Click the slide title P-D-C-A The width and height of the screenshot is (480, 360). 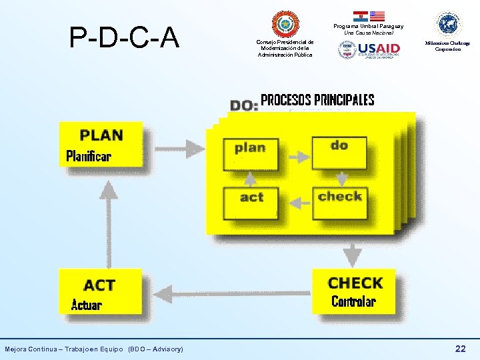point(125,37)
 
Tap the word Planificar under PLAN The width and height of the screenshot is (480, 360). point(89,157)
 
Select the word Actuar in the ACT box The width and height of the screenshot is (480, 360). point(87,305)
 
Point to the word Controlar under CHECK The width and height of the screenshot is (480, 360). point(353,301)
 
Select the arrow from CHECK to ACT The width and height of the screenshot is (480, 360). point(227,293)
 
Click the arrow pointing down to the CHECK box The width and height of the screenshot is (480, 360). point(352,253)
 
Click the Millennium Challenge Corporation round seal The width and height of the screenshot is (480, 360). point(448,24)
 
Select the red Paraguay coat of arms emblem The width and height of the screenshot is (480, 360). point(285,24)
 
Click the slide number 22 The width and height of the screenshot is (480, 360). point(460,349)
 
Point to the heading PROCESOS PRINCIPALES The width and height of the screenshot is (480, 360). point(317,101)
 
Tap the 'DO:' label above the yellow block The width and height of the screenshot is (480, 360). point(244,105)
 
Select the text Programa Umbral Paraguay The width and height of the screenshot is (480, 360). point(369,26)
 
